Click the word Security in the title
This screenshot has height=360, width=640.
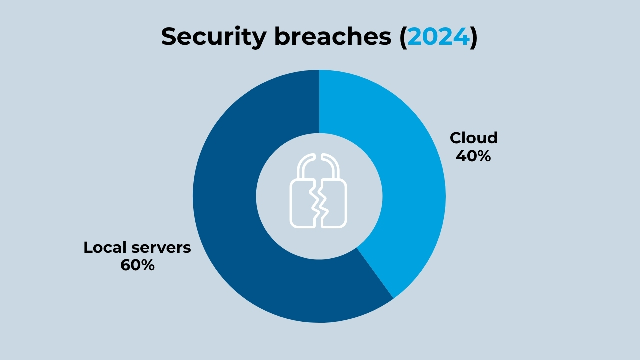214,37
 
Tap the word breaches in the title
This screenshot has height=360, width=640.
333,36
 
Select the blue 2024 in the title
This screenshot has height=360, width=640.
438,37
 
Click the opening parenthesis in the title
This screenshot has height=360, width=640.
403,37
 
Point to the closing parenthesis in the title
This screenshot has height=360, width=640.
473,37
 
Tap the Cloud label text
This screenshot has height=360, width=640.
473,138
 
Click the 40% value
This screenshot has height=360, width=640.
473,156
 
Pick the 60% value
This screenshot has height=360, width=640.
137,265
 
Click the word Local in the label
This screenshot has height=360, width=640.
105,247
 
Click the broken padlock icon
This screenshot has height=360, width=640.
318,191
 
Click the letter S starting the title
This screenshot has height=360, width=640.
170,37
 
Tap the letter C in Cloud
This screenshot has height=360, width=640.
456,138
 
